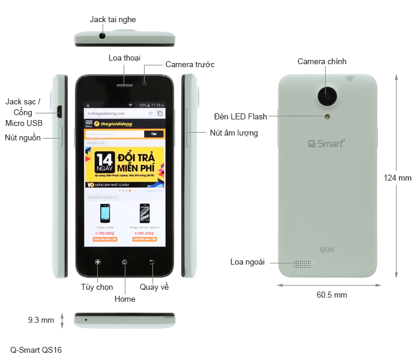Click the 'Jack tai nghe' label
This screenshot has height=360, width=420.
pos(112,19)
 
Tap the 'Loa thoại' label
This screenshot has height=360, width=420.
pos(125,58)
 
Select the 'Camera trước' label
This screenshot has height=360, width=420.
pos(190,64)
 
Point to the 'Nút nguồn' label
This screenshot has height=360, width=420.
pos(23,137)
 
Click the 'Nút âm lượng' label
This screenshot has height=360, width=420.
pos(233,133)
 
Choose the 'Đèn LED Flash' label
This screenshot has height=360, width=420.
pos(241,116)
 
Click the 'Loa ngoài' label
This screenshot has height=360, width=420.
pos(248,262)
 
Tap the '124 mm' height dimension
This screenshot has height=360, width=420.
pos(398,178)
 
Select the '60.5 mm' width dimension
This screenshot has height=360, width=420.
pos(332,295)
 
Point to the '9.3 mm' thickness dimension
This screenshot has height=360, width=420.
pos(41,320)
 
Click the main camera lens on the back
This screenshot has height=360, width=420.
pos(328,94)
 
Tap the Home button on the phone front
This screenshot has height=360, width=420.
pos(124,262)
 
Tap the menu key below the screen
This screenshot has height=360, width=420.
pos(97,262)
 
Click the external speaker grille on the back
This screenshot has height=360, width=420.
pos(303,264)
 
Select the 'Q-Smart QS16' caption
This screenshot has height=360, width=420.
pos(36,350)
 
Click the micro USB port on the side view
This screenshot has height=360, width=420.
pos(60,111)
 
